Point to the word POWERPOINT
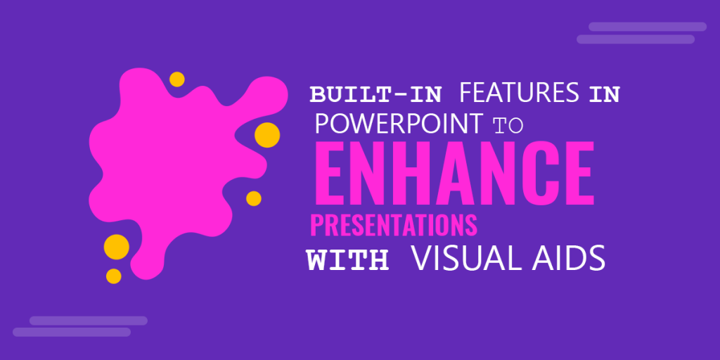coord(398,123)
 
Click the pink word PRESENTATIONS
coord(394,226)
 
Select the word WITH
coord(347,259)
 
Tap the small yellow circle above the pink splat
coord(177,79)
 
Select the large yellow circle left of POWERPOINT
coord(267,134)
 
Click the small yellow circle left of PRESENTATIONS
coord(254,198)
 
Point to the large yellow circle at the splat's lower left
coord(117,247)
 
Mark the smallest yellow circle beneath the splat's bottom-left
coord(113,276)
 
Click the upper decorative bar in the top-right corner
coord(647,27)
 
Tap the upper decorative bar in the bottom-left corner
coord(88,321)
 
